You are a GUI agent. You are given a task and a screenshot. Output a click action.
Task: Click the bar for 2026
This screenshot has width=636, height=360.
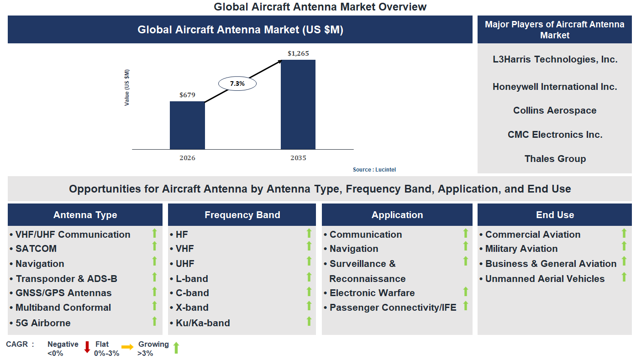187,125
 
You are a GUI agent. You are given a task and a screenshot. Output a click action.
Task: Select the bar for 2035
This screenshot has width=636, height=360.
298,104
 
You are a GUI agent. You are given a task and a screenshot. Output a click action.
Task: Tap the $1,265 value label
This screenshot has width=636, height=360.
298,53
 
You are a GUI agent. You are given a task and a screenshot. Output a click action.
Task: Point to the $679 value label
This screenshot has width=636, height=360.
187,95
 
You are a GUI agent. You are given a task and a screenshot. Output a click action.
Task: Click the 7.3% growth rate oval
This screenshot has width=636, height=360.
237,83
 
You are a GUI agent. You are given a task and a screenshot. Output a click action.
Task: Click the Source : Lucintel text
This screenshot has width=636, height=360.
374,170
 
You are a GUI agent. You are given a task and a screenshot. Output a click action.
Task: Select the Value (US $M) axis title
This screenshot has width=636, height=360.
127,88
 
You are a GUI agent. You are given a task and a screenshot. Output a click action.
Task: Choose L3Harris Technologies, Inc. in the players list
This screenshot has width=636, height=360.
555,59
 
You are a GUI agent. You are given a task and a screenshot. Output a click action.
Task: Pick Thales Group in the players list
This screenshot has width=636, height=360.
555,159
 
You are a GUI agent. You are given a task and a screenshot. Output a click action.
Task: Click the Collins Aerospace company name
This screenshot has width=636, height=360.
555,110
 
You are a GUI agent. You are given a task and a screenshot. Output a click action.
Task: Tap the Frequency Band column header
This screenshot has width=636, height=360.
242,215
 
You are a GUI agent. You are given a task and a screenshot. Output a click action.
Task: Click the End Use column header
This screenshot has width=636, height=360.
555,215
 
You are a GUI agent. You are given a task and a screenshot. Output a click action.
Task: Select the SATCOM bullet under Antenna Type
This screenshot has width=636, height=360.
36,249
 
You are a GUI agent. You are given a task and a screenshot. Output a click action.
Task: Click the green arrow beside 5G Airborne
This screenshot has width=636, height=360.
154,321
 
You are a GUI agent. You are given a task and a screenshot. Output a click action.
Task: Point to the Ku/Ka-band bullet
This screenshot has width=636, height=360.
202,323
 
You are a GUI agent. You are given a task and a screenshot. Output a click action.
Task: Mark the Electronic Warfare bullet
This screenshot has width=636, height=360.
372,293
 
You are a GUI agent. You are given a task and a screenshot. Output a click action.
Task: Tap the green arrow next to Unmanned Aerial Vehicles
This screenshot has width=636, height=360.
624,277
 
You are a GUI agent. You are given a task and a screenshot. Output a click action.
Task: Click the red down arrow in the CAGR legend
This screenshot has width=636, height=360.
87,347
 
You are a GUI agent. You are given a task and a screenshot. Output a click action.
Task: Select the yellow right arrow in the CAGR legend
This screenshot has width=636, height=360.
127,347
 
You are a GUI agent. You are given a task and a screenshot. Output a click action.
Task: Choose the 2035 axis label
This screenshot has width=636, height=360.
298,158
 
